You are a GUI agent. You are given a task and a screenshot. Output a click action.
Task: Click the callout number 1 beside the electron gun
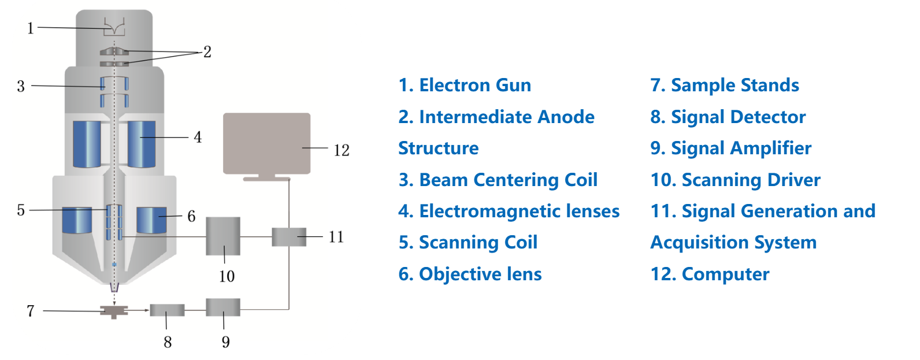[31, 28]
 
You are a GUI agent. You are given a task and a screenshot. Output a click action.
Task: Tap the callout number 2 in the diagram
[207, 52]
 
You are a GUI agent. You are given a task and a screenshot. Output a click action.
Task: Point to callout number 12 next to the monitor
[342, 150]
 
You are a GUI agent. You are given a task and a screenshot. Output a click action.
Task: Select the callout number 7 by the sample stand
[31, 311]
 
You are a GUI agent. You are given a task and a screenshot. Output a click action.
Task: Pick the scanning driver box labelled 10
[223, 236]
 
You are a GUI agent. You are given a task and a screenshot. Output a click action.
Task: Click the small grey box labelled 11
[289, 236]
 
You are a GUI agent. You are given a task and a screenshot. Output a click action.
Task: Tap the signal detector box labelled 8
[167, 310]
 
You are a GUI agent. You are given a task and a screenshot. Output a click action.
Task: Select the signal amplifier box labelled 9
[223, 307]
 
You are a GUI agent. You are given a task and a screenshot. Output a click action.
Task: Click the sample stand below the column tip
[114, 311]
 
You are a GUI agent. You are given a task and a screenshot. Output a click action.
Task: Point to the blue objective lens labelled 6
[151, 220]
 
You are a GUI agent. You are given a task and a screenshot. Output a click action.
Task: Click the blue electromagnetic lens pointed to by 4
[142, 144]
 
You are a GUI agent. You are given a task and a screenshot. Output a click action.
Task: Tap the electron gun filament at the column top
[114, 27]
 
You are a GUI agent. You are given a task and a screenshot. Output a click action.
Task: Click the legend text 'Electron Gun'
[474, 86]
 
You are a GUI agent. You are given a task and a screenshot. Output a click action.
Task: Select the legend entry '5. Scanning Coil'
[468, 243]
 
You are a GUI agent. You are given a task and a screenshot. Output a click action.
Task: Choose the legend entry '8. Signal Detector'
[728, 117]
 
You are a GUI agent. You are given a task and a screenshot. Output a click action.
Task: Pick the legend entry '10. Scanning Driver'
[735, 180]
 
